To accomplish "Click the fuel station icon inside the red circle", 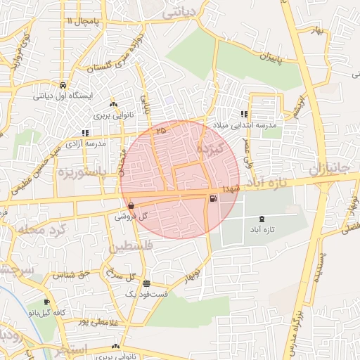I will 212,198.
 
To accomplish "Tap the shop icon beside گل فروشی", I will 131,205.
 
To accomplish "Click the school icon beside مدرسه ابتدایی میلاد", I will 244,114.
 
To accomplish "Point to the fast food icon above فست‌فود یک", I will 146,284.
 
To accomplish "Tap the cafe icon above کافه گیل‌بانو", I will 47,302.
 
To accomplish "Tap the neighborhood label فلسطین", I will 131,247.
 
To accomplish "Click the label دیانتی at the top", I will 181,13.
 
